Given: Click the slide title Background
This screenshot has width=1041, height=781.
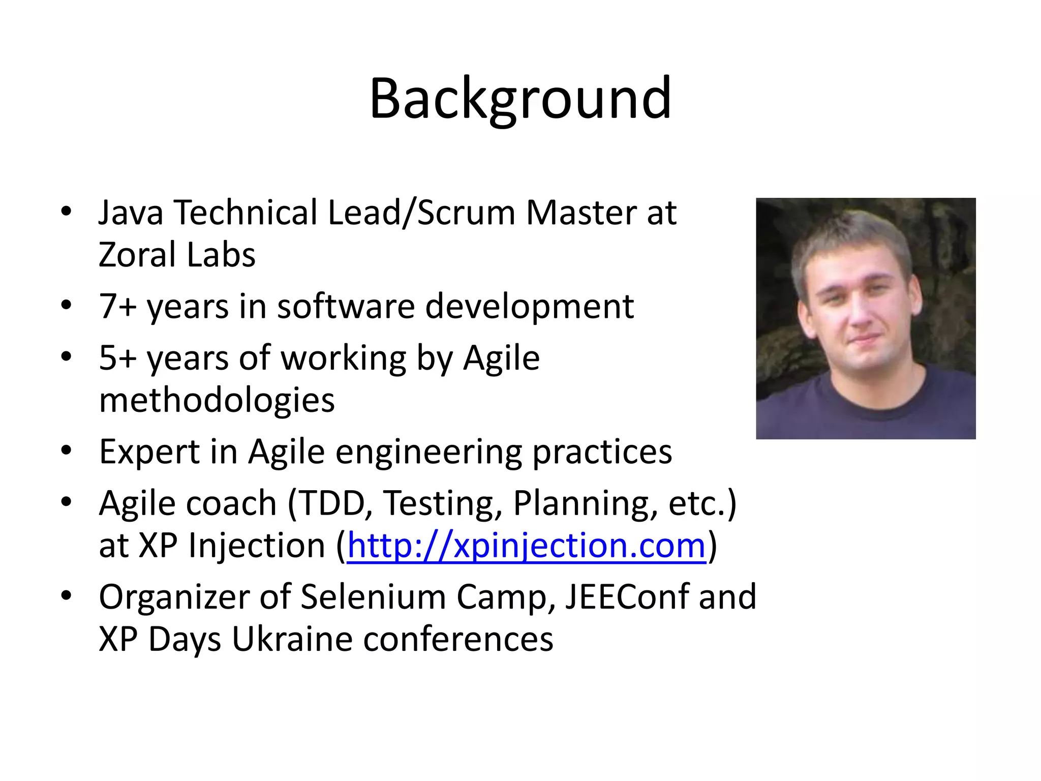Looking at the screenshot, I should [520, 99].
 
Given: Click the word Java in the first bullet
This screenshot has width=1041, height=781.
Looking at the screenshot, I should [131, 213].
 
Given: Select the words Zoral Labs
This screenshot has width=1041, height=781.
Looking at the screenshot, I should [177, 255].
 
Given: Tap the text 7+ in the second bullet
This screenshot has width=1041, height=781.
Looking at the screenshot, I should [117, 307].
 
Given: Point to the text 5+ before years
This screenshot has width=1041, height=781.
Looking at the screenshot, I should [117, 358].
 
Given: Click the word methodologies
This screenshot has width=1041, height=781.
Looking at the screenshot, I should [217, 401].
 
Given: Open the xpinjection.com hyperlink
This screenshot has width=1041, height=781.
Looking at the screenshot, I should [527, 546].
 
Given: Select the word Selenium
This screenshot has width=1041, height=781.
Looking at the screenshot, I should [373, 597].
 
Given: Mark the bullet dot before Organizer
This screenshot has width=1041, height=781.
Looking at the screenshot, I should [66, 595].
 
